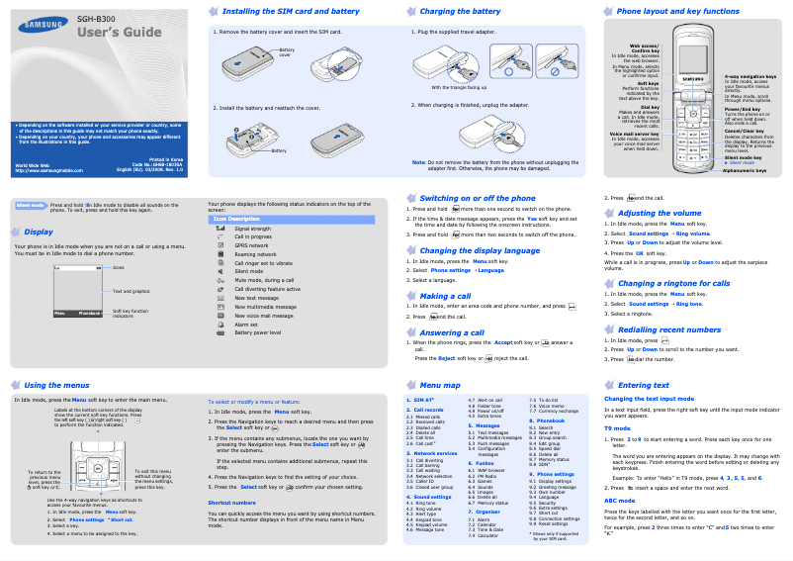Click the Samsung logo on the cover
click(x=41, y=21)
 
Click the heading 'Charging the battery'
click(x=462, y=11)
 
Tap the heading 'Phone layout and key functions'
click(x=677, y=11)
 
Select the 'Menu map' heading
click(x=440, y=384)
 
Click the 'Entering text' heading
click(x=643, y=384)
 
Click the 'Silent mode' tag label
click(x=30, y=205)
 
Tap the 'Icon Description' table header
click(x=238, y=219)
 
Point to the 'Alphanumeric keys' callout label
click(x=745, y=170)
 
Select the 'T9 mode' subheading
click(x=617, y=427)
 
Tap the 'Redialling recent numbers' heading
click(x=668, y=329)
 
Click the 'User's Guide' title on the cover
click(x=120, y=33)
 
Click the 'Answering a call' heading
click(x=452, y=332)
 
